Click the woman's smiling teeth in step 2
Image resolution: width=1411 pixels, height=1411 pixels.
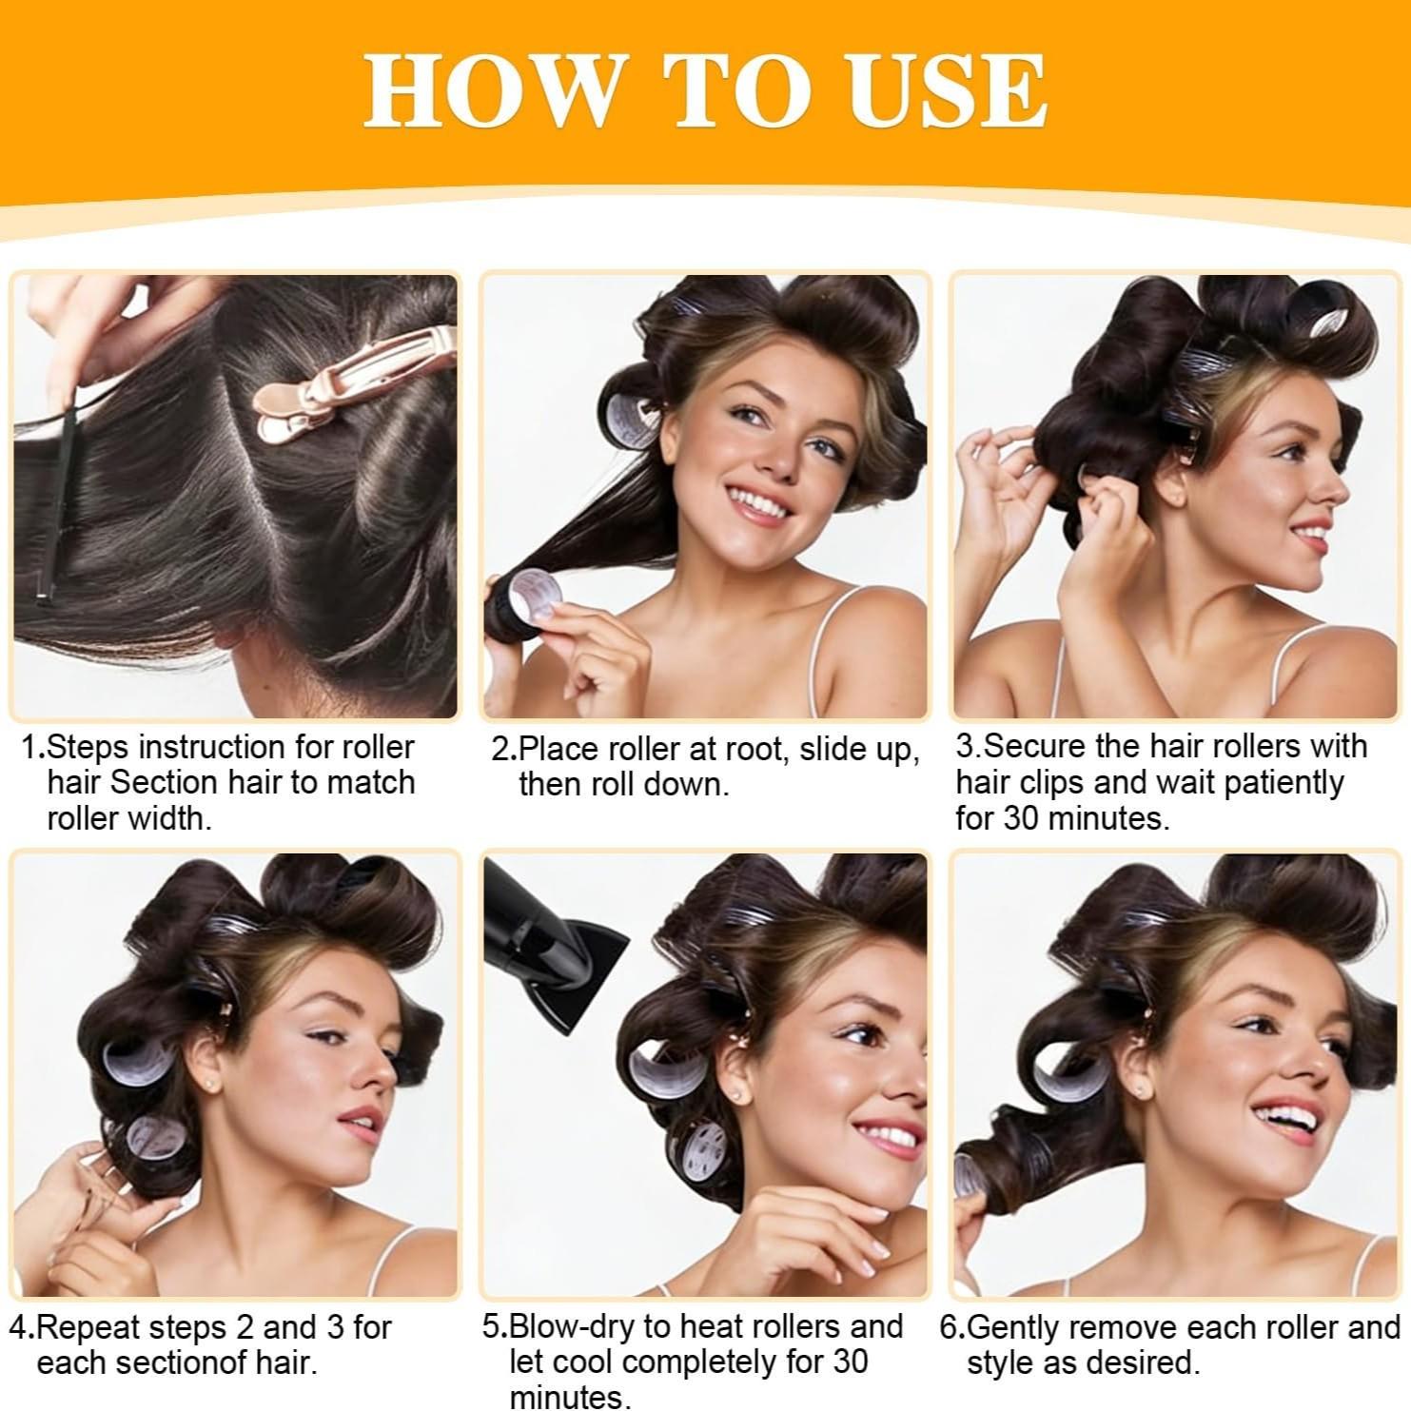[x=757, y=502]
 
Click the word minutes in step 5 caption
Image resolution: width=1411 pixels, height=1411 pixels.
[x=568, y=1397]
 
